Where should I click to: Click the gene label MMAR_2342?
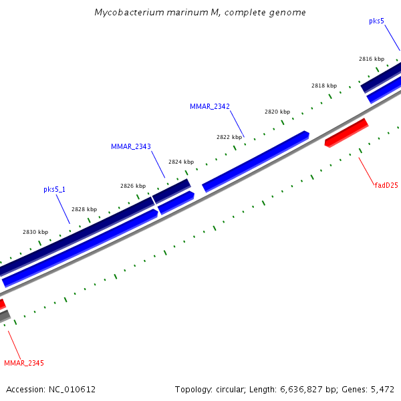(209, 106)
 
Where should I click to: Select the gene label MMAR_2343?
(130, 146)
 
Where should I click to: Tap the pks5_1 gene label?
(55, 189)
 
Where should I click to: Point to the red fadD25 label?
(386, 185)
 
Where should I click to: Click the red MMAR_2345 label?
(24, 363)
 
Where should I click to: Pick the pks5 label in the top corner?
(376, 21)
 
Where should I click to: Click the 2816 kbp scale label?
(371, 59)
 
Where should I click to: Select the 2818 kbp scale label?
(324, 86)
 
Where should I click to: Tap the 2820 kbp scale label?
(277, 112)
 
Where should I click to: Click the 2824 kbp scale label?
(181, 162)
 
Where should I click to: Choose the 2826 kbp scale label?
(133, 186)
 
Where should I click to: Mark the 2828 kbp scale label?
(84, 209)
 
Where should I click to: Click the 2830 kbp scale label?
(35, 232)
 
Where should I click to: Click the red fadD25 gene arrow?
(346, 132)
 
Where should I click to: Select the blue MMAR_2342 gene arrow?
(255, 160)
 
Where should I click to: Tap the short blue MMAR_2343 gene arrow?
(176, 203)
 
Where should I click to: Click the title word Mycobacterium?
(124, 13)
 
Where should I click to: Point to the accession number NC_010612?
(72, 389)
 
